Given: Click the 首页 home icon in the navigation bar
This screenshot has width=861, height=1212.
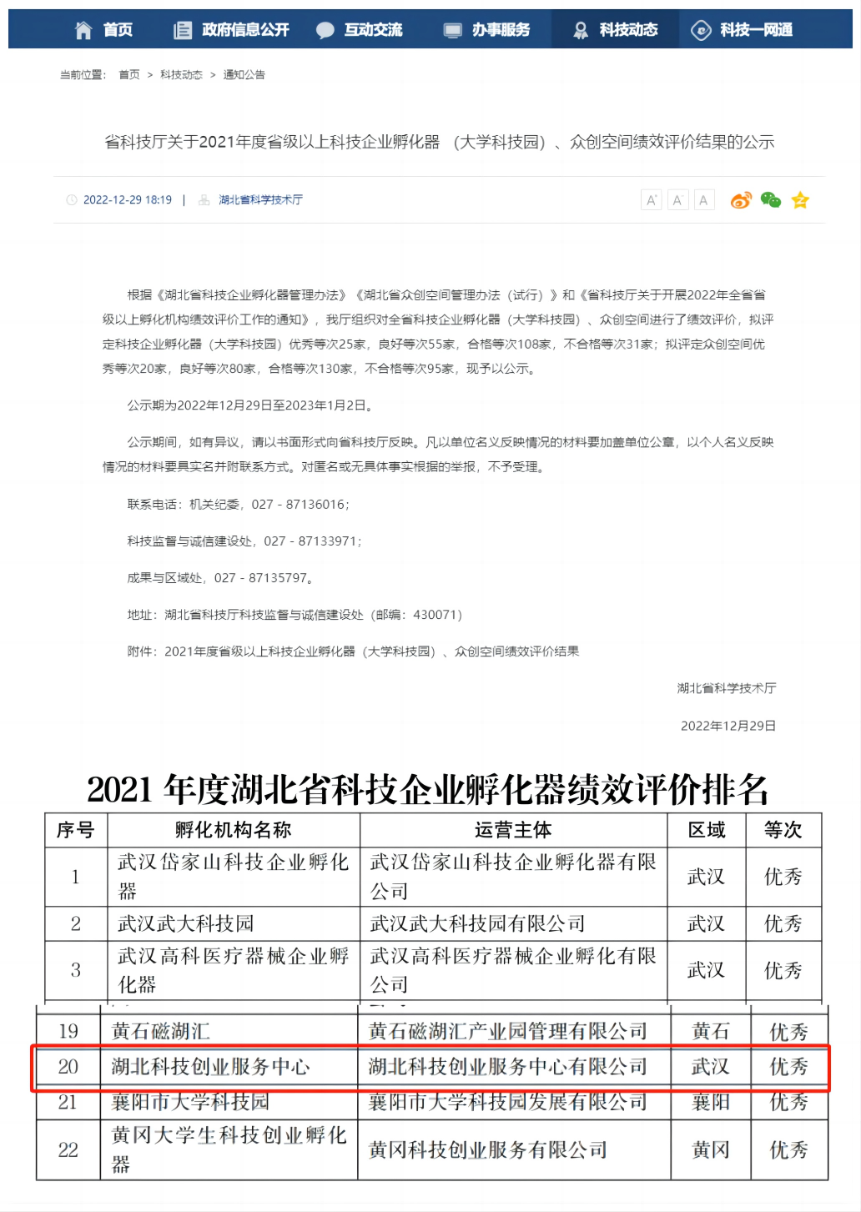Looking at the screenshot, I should tap(83, 30).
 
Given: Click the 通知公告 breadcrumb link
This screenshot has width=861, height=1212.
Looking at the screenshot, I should tap(244, 75).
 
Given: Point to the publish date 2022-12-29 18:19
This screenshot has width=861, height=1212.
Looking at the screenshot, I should tap(127, 200).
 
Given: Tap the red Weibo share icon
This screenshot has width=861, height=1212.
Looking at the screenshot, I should tap(740, 200).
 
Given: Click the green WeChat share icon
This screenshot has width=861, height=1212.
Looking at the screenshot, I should tap(770, 200).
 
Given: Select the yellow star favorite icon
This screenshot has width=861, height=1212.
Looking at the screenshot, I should tap(800, 200).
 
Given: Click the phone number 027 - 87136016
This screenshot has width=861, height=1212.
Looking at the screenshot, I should tap(298, 505).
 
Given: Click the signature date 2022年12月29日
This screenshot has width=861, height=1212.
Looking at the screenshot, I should tap(728, 726).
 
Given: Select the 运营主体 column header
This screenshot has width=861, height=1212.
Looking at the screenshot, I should tap(513, 830).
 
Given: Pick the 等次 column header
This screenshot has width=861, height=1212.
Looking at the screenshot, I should tap(783, 830).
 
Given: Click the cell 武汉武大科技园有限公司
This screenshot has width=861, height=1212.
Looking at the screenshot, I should tap(477, 923).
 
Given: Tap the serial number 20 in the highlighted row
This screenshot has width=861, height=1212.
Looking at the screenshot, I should tap(68, 1067).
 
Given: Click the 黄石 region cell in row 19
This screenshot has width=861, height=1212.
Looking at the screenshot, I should tap(710, 1032).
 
